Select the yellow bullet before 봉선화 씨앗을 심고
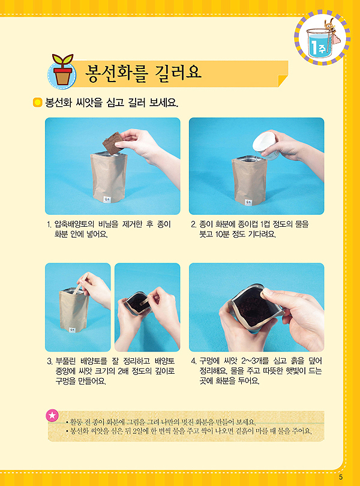tap(38, 102)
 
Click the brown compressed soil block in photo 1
tap(113, 143)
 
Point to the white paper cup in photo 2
tap(265, 145)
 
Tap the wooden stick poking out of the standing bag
tap(80, 284)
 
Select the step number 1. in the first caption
tap(49, 224)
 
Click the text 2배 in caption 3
tap(124, 371)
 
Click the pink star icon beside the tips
tap(52, 415)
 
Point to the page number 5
tap(341, 478)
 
